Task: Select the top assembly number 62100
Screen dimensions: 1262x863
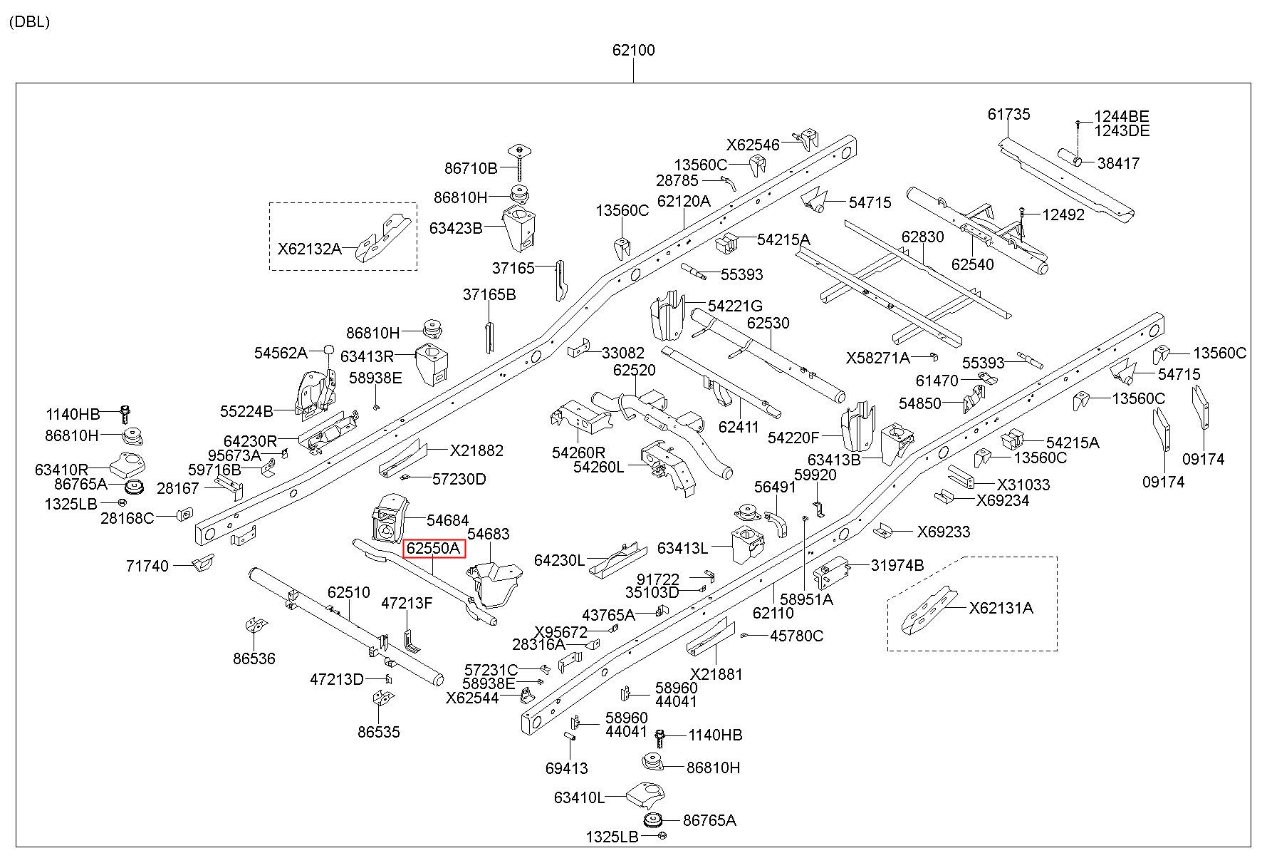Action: [633, 51]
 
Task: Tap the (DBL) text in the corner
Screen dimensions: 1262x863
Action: [29, 21]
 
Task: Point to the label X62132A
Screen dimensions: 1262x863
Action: [309, 249]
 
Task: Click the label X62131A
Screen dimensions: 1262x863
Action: [1001, 608]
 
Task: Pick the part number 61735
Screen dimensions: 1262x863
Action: [1008, 114]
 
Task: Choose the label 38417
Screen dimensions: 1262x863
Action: [1118, 163]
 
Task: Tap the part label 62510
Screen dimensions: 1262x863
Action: [349, 592]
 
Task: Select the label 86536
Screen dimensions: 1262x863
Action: [254, 658]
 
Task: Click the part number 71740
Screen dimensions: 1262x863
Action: [147, 566]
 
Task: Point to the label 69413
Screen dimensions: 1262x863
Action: [567, 768]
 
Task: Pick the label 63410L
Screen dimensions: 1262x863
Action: [579, 797]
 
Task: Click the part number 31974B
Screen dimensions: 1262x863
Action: [897, 565]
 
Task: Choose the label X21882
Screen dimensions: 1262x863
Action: [476, 450]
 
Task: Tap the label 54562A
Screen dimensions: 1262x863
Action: [281, 353]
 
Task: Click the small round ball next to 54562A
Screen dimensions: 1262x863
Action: [328, 350]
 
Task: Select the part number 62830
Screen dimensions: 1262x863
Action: [922, 237]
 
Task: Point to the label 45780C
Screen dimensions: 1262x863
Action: [797, 636]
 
